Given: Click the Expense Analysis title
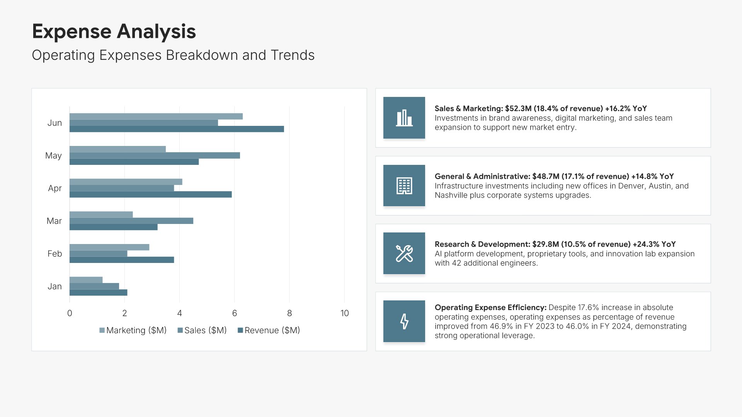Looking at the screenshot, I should pos(114,31).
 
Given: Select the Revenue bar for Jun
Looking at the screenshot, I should pos(177,129).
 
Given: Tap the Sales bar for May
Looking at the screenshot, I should pos(155,155).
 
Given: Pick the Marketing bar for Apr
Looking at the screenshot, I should pos(126,182).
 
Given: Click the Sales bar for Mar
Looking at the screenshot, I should pos(131,221).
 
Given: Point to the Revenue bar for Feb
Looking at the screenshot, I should pos(122,260).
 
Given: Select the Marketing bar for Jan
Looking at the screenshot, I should pos(86,280).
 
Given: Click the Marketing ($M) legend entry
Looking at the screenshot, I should pos(133,331).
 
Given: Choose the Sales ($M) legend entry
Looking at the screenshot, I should pos(202,331).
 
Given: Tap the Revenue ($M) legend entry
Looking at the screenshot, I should pos(269,331).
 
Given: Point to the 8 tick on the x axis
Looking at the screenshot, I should pos(289,313).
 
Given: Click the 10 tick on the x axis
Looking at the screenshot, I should pos(344,313).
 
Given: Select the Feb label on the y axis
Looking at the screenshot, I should pos(54,254).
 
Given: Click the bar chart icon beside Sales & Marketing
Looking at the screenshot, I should pos(404,118).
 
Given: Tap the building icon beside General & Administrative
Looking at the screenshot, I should pos(404,186).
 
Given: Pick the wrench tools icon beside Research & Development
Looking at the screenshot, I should pos(404,253).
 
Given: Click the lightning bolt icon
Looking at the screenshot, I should pos(404,321).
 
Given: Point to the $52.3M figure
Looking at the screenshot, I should pos(518,108).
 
